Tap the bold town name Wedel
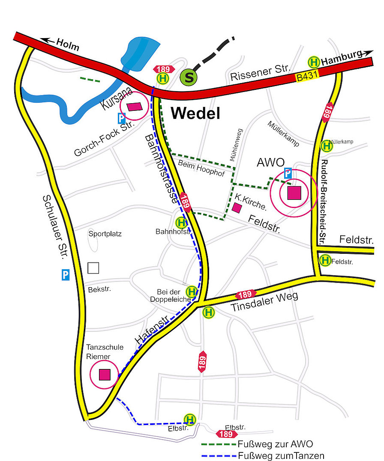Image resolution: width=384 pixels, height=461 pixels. [x=195, y=113]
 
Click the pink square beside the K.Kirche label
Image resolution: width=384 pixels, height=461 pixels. [x=237, y=208]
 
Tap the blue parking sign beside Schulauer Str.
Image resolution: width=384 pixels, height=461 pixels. [x=65, y=274]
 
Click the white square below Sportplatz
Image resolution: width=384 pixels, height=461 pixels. [x=93, y=268]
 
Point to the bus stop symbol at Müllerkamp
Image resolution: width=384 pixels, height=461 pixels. [x=327, y=146]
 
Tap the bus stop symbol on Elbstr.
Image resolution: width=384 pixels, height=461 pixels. [x=189, y=419]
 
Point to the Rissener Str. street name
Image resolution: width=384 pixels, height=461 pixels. [x=261, y=73]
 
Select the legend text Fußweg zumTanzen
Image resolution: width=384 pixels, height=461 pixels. [x=281, y=455]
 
